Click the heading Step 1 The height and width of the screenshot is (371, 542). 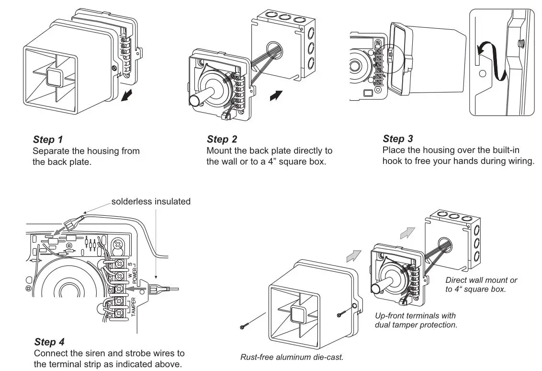point(48,140)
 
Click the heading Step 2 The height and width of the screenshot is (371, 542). point(222,139)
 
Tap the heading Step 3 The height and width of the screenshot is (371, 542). point(398,139)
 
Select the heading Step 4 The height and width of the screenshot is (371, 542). point(49,342)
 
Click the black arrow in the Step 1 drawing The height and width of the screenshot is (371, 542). point(127,95)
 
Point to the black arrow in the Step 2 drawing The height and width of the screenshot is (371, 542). point(276,95)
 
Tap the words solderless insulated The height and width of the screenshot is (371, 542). point(151,201)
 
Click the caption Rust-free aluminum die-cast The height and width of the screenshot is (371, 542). point(292,357)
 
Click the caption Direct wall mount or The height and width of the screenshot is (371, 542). point(481,280)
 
